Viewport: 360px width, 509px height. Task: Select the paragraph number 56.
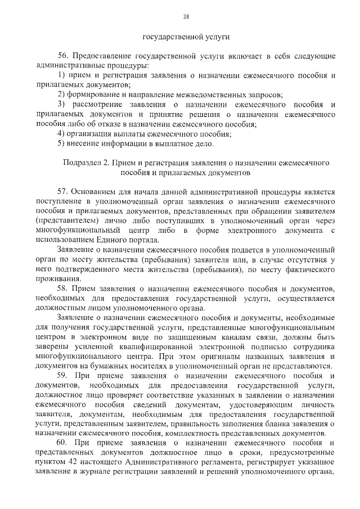click(x=64, y=56)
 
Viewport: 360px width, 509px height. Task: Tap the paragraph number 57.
click(x=64, y=192)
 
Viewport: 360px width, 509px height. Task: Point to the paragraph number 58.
click(x=64, y=288)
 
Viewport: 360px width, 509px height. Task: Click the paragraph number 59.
click(x=64, y=376)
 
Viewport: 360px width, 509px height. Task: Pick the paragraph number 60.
click(x=64, y=443)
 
